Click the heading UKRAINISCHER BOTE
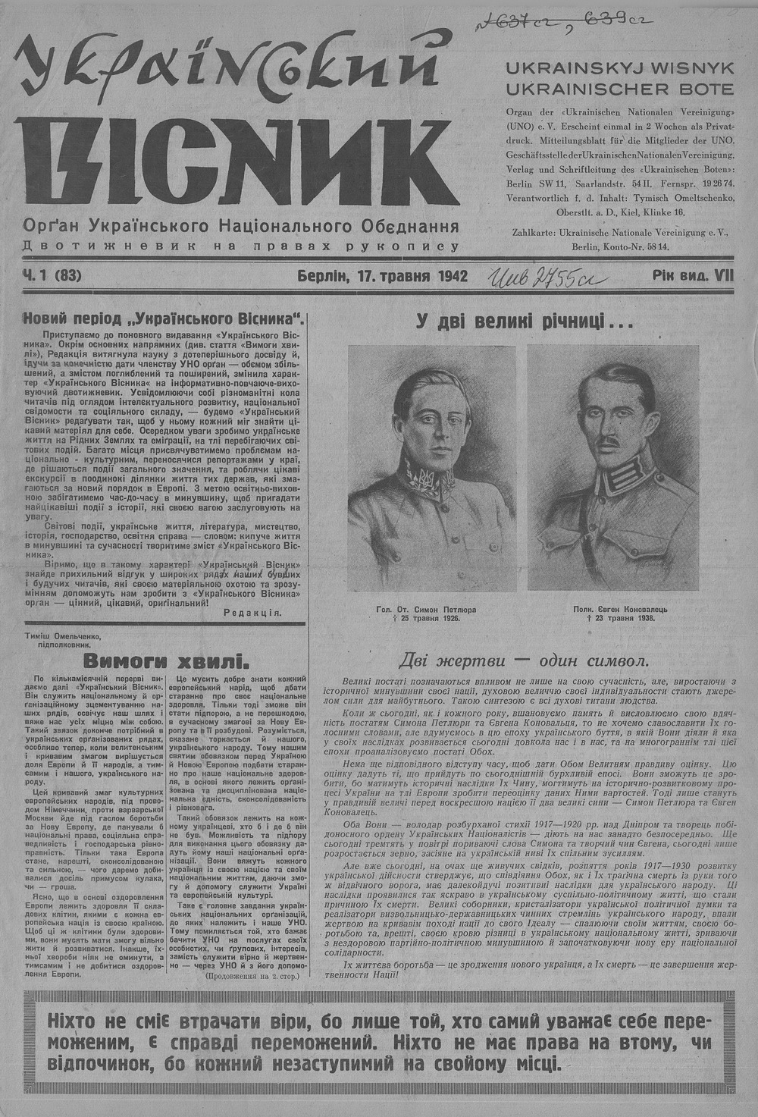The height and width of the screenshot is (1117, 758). point(620,89)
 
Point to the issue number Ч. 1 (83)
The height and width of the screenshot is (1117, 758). point(52,277)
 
